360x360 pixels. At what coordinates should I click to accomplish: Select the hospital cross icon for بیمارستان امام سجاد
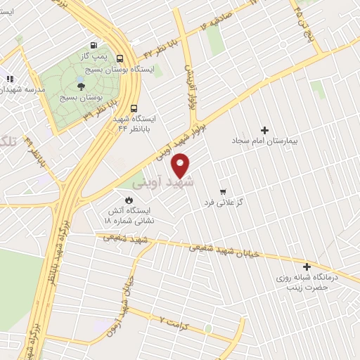[265, 130]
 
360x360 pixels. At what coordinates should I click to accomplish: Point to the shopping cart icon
[223, 191]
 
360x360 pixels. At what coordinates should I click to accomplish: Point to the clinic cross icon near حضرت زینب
[307, 266]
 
